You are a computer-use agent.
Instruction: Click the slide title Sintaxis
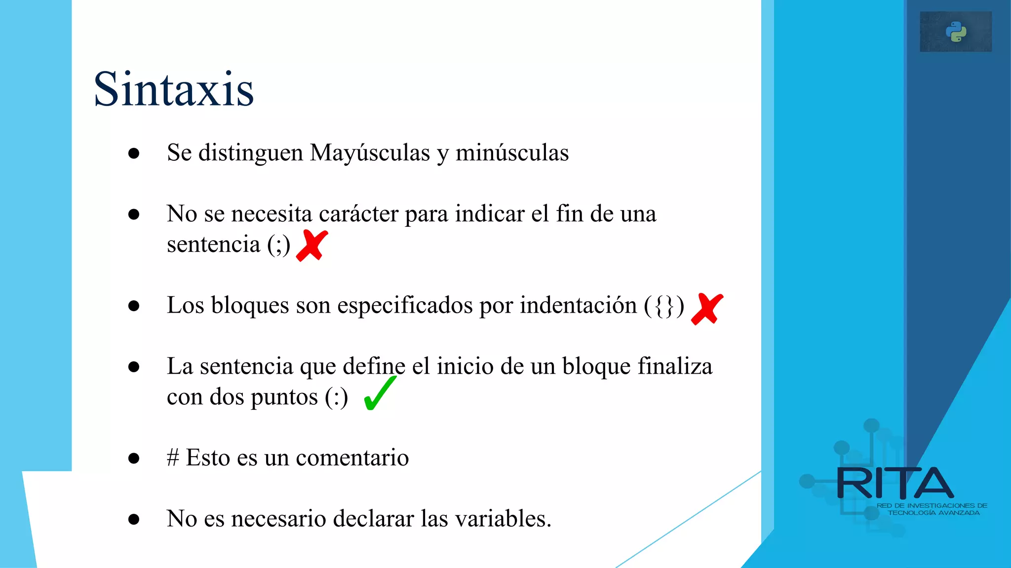click(x=174, y=89)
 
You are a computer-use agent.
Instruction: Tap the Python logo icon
click(x=956, y=32)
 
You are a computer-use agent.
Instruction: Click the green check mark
click(x=379, y=393)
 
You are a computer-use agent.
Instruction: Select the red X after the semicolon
click(x=312, y=245)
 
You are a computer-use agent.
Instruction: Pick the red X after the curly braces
click(x=707, y=309)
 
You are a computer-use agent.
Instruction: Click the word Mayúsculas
click(x=370, y=152)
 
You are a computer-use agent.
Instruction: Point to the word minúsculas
click(x=512, y=152)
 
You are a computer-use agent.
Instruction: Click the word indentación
click(x=578, y=305)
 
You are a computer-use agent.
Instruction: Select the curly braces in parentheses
click(x=664, y=306)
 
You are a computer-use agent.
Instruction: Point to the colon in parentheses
click(x=337, y=397)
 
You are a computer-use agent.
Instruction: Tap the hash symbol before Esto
click(x=173, y=458)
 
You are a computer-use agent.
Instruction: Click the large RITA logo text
click(x=894, y=484)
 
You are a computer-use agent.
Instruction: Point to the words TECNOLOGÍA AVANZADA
click(x=933, y=513)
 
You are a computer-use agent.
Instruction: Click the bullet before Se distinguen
click(x=133, y=153)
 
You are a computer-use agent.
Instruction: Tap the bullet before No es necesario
click(x=133, y=519)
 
